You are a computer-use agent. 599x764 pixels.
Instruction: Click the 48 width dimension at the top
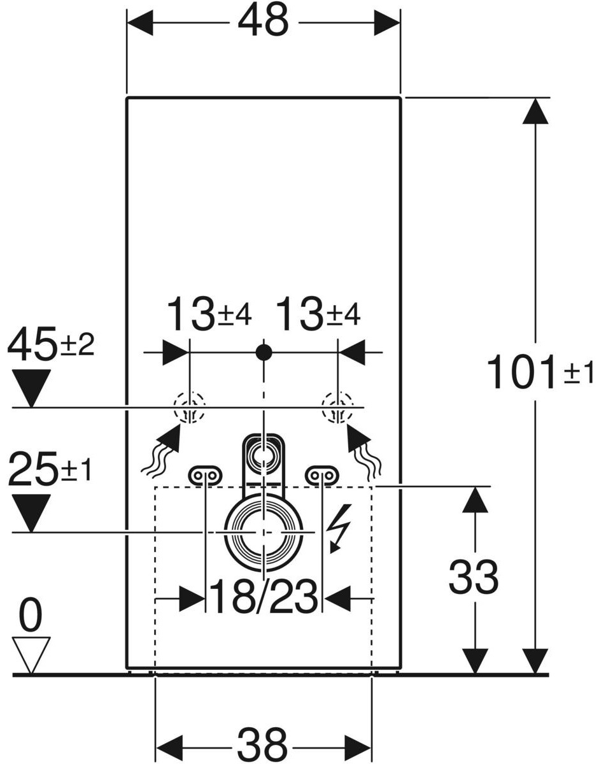click(x=264, y=22)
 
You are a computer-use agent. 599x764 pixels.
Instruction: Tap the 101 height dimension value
click(x=519, y=372)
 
